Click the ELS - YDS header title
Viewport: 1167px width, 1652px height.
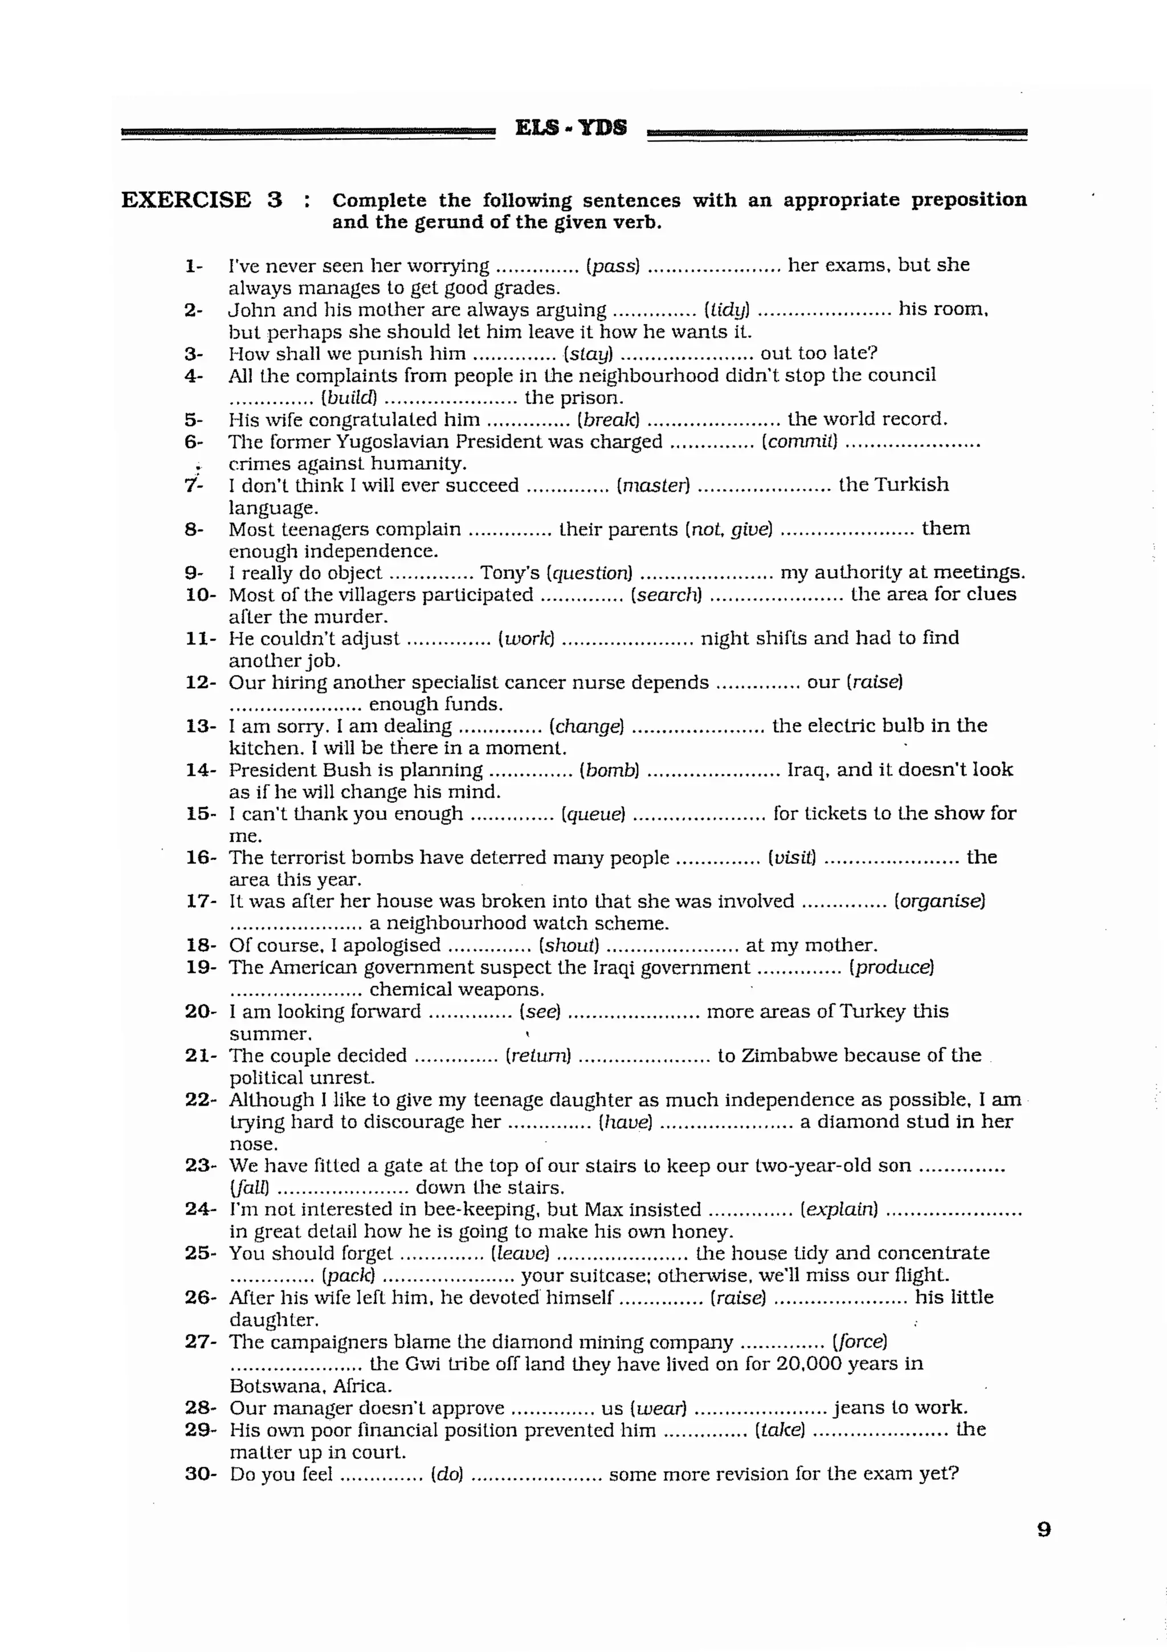pyautogui.click(x=571, y=128)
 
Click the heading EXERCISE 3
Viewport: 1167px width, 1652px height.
pyautogui.click(x=202, y=200)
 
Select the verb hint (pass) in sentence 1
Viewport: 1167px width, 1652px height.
pyautogui.click(x=613, y=266)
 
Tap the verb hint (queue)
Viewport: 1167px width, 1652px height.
pyautogui.click(x=593, y=814)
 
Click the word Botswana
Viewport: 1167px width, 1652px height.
pyautogui.click(x=274, y=1386)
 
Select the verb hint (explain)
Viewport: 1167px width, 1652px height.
pyautogui.click(x=839, y=1209)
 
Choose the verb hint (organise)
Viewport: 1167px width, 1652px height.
pyautogui.click(x=939, y=902)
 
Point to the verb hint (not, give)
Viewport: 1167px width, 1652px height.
pyautogui.click(x=729, y=530)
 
